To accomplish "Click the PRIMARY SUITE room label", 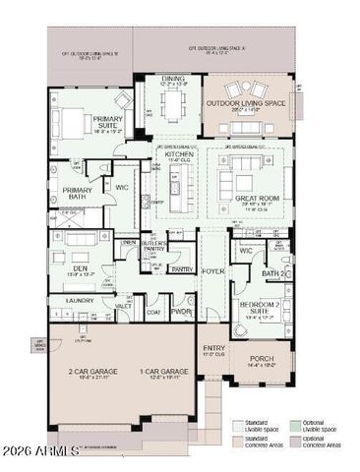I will tap(108, 121).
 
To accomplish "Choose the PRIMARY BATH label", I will tap(77, 194).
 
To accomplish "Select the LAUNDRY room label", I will tap(80, 299).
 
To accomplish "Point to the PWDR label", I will tap(181, 311).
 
